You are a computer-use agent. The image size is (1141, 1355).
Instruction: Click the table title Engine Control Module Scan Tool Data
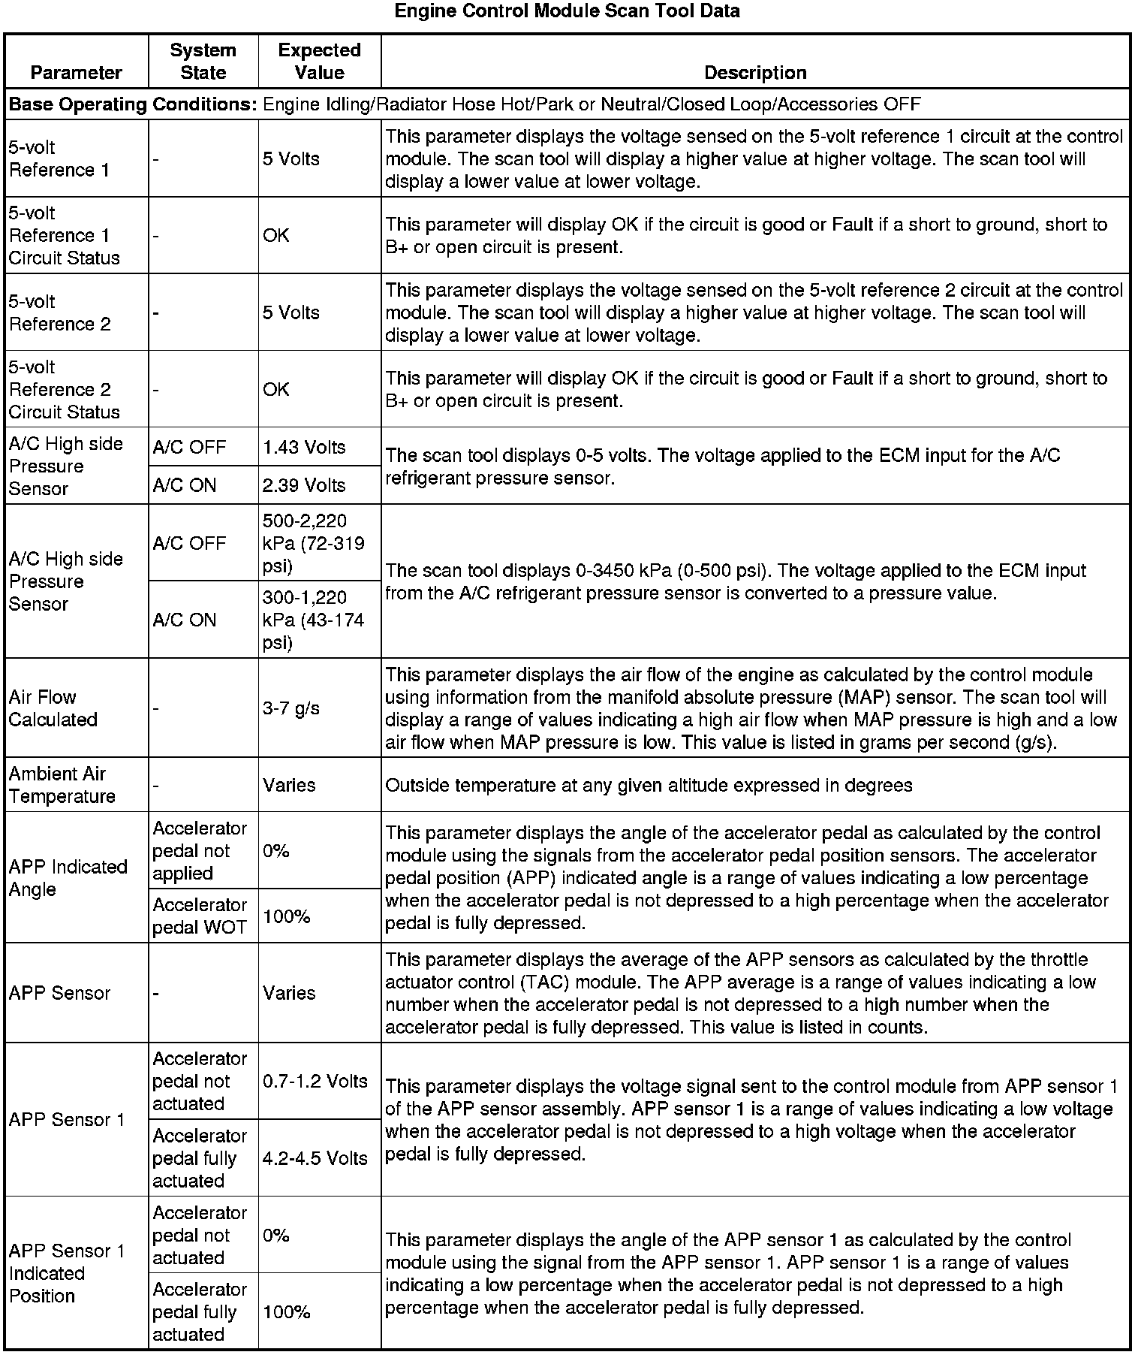[x=567, y=11]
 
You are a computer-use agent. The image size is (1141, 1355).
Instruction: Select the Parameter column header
[x=76, y=73]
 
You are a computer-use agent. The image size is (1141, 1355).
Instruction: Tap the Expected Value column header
[x=319, y=62]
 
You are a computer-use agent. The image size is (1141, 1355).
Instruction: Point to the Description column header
[x=755, y=73]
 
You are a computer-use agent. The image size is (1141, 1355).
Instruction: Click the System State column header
[x=203, y=62]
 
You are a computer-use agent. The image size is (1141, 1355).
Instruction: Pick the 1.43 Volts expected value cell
[x=304, y=448]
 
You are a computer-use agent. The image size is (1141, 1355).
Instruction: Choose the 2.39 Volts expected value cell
[x=304, y=485]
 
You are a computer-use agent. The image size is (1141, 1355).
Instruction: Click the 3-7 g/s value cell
[x=291, y=708]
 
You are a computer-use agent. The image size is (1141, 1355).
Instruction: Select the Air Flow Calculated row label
[x=53, y=708]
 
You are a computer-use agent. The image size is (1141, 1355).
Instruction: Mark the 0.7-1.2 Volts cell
[x=315, y=1082]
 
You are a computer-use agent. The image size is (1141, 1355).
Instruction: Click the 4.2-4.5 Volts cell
[x=315, y=1158]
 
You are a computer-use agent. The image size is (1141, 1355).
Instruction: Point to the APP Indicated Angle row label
[x=68, y=878]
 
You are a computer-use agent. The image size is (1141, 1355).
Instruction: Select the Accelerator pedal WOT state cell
[x=200, y=916]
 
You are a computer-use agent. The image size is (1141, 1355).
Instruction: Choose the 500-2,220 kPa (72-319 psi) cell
[x=314, y=543]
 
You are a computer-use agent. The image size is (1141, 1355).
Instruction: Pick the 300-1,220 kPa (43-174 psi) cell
[x=314, y=620]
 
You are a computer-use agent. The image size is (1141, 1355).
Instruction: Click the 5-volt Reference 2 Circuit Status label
[x=64, y=390]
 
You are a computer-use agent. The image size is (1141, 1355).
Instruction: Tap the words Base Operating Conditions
[x=133, y=104]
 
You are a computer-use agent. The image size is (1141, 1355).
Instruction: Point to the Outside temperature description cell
[x=649, y=786]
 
